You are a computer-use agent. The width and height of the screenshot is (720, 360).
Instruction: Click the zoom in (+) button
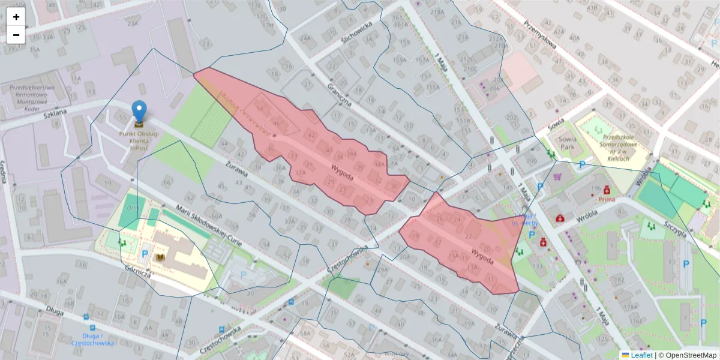[x=16, y=17]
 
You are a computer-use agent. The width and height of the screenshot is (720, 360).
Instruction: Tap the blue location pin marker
[x=139, y=113]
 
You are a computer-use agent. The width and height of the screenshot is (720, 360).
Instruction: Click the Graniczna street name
[x=339, y=94]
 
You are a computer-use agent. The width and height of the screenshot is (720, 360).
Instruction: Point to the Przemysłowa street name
[x=540, y=36]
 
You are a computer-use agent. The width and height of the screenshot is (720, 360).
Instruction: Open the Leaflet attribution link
[x=637, y=355]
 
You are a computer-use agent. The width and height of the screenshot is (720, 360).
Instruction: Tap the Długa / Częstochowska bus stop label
[x=92, y=339]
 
